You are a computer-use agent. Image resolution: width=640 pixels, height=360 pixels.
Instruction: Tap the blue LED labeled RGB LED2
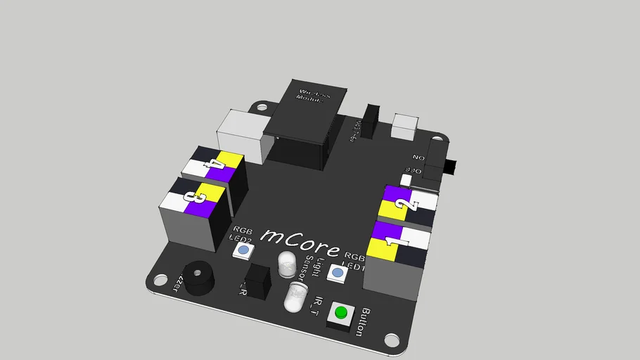(243, 250)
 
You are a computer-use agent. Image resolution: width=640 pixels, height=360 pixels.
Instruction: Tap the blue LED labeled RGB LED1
(338, 273)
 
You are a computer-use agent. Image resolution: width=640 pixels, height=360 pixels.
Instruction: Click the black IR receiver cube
(257, 281)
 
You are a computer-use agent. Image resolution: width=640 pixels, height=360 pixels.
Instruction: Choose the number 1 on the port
(394, 243)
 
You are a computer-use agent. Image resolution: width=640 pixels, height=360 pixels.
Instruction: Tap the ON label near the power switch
(419, 158)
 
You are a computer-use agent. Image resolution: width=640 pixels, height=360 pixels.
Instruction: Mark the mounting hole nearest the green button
(392, 341)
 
